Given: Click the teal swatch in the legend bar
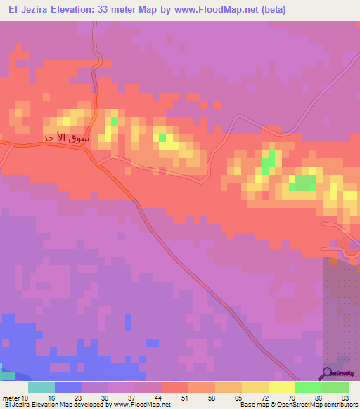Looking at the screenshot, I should (41, 387).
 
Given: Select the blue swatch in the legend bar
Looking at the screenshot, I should (68, 387).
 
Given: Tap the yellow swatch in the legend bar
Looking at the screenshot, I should (282, 387).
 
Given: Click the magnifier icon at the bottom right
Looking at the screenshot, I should (327, 373).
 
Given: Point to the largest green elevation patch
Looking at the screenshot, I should (303, 183).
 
